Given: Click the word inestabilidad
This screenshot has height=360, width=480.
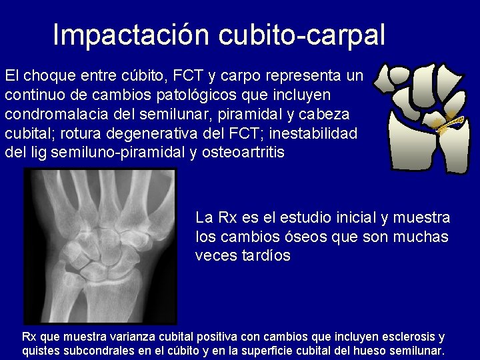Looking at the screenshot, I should pyautogui.click(x=315, y=133).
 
